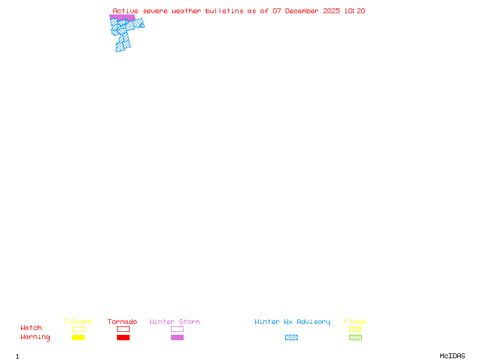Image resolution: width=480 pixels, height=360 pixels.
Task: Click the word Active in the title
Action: click(125, 11)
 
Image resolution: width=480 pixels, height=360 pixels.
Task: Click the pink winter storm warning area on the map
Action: click(122, 17)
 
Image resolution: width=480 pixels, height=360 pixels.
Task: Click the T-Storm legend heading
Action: click(77, 322)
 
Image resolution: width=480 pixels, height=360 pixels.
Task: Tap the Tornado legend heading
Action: click(122, 322)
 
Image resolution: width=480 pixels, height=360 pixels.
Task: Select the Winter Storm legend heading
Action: click(175, 322)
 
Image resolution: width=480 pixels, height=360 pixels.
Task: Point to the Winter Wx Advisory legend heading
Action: click(292, 322)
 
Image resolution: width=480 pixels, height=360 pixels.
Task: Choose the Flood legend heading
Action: click(355, 322)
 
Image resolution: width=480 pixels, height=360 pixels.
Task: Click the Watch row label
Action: click(31, 328)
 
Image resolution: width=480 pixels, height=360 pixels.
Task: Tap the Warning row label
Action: click(35, 337)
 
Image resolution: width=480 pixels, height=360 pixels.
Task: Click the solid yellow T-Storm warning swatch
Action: click(78, 338)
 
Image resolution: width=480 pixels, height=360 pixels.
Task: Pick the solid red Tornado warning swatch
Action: click(123, 338)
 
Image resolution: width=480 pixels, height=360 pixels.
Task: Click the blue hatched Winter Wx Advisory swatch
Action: click(291, 338)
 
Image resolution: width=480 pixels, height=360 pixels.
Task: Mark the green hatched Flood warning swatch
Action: click(355, 338)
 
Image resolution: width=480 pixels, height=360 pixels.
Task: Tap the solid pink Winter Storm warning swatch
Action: click(177, 338)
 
